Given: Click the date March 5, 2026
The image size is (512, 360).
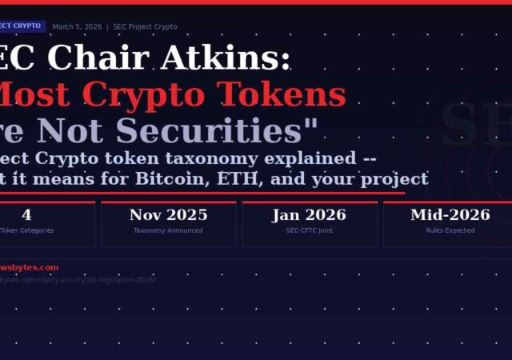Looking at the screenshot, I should point(77,26).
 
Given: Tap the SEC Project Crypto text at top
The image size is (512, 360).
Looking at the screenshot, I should point(145,26).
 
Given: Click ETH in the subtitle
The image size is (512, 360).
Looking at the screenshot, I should point(232,178).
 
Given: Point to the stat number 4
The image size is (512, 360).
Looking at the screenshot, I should point(26,214).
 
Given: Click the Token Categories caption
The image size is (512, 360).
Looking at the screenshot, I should point(26,230).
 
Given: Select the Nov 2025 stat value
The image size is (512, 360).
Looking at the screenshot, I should point(168,214).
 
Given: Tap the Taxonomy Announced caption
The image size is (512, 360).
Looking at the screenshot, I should point(168,230).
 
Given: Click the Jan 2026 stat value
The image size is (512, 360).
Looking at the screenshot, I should point(309,214).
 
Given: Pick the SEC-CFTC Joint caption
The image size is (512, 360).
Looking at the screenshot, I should point(309,230).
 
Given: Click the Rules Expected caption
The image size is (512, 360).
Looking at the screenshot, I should point(450,230).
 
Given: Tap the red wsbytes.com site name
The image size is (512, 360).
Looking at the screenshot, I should point(28,267).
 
